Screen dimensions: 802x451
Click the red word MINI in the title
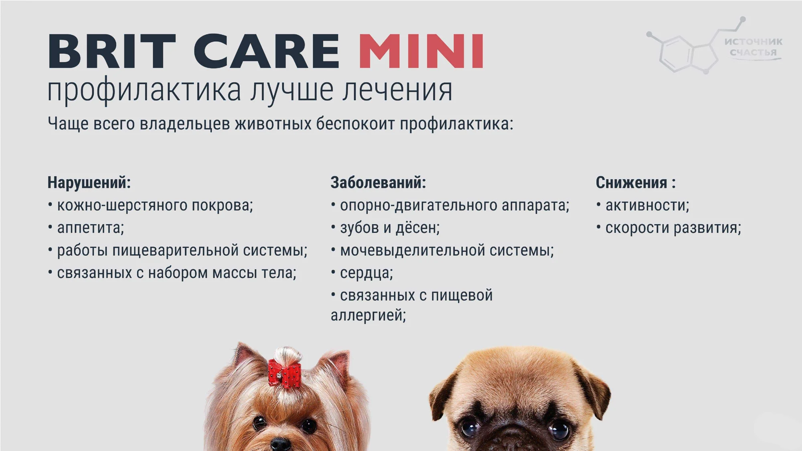click(421, 51)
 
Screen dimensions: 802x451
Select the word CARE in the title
click(267, 51)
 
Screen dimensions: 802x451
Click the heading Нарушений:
click(89, 182)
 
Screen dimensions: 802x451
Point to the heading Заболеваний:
click(378, 182)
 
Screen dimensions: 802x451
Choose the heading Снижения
click(632, 182)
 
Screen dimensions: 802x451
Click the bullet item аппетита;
click(91, 228)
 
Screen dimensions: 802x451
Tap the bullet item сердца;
click(367, 273)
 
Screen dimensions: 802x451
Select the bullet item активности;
click(647, 205)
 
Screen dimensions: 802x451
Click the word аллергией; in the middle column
click(368, 315)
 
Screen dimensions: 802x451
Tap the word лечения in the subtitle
click(397, 90)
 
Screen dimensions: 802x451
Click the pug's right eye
click(559, 431)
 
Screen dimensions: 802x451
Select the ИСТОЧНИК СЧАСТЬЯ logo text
click(753, 47)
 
